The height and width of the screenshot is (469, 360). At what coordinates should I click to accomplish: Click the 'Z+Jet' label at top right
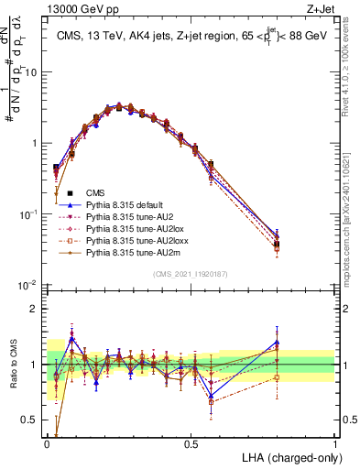[321, 8]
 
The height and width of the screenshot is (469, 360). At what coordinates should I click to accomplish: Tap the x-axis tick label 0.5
[191, 443]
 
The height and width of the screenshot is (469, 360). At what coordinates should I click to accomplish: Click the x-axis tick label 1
[335, 443]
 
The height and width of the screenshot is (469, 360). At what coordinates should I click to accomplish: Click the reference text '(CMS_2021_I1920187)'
[191, 274]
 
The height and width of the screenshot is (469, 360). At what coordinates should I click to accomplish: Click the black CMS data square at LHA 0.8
[278, 244]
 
